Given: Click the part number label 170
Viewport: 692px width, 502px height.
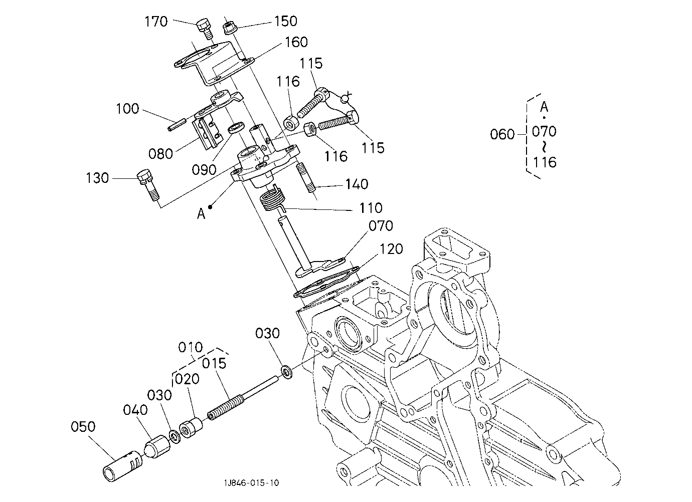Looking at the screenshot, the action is [156, 22].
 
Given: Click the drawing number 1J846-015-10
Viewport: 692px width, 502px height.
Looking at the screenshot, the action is [251, 483].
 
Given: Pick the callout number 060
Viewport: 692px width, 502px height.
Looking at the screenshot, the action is [502, 134].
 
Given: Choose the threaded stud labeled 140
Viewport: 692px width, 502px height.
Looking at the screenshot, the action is [305, 178].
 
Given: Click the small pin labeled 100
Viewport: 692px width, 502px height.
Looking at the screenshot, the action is [177, 125].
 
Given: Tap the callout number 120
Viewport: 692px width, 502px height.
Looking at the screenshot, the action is [391, 249].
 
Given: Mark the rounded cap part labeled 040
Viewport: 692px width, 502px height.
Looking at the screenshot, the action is [157, 446].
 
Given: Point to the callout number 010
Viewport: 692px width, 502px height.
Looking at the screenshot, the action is [191, 348].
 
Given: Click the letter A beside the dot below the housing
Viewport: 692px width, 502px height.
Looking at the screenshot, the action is [201, 213].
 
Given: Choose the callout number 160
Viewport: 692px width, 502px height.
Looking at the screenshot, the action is [296, 42].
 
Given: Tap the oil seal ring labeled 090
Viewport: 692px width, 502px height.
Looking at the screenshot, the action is [236, 128].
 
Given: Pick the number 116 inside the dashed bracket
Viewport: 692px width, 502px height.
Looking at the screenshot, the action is [545, 162].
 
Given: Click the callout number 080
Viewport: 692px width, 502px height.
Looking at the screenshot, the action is [160, 154].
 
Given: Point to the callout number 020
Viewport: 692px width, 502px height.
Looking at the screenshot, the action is [187, 379].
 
